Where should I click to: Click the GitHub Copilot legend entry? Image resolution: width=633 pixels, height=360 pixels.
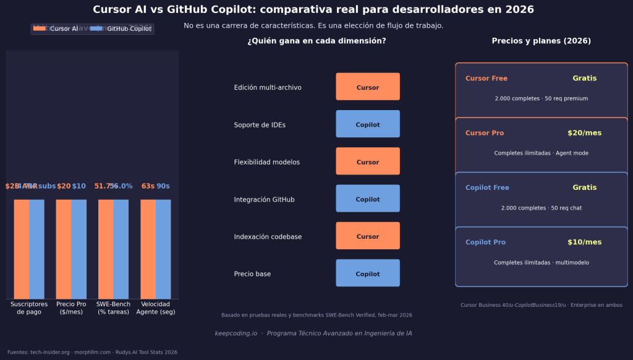[121, 29]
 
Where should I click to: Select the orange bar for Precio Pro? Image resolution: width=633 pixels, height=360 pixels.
[64, 249]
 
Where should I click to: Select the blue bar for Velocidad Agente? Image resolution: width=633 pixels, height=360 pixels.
[163, 249]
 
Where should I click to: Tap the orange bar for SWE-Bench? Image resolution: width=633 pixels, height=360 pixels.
[106, 249]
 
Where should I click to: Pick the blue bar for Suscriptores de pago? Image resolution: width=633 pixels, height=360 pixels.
[37, 249]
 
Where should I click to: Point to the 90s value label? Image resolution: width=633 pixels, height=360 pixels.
[163, 186]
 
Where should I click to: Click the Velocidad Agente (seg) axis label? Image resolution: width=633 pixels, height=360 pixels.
[155, 308]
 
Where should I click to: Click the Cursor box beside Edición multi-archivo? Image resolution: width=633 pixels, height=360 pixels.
[368, 87]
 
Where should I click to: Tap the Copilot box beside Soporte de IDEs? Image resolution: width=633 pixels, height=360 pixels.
[368, 124]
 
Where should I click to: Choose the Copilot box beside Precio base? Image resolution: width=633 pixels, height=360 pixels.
[368, 273]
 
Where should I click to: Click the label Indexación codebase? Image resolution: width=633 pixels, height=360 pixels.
[268, 237]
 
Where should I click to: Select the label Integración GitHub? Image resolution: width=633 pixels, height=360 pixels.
[264, 200]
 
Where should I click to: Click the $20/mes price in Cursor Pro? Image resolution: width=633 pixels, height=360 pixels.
[584, 133]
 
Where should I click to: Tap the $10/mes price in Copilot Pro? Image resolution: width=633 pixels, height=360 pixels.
[584, 242]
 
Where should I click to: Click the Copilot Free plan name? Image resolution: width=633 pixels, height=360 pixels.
[487, 187]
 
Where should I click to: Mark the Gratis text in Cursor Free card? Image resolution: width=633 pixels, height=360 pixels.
[584, 79]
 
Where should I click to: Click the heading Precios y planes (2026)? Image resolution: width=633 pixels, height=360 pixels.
[541, 41]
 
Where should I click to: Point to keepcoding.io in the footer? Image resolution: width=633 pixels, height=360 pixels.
[236, 333]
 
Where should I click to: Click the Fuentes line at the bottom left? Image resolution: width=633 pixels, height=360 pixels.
[92, 353]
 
